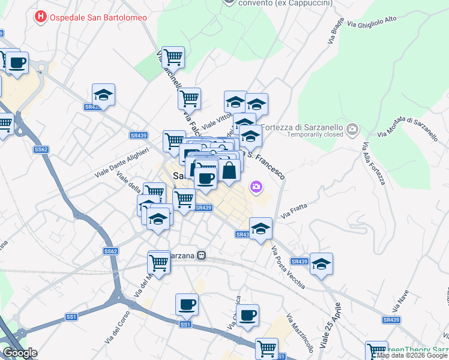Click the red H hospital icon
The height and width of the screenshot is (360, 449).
click(x=41, y=17)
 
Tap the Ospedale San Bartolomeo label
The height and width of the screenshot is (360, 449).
click(x=99, y=17)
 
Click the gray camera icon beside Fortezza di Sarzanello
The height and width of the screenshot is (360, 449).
click(x=352, y=128)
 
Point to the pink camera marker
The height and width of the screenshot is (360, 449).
click(x=257, y=188)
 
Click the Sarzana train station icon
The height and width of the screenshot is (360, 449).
click(x=202, y=255)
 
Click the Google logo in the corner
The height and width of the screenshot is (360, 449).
click(x=20, y=353)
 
